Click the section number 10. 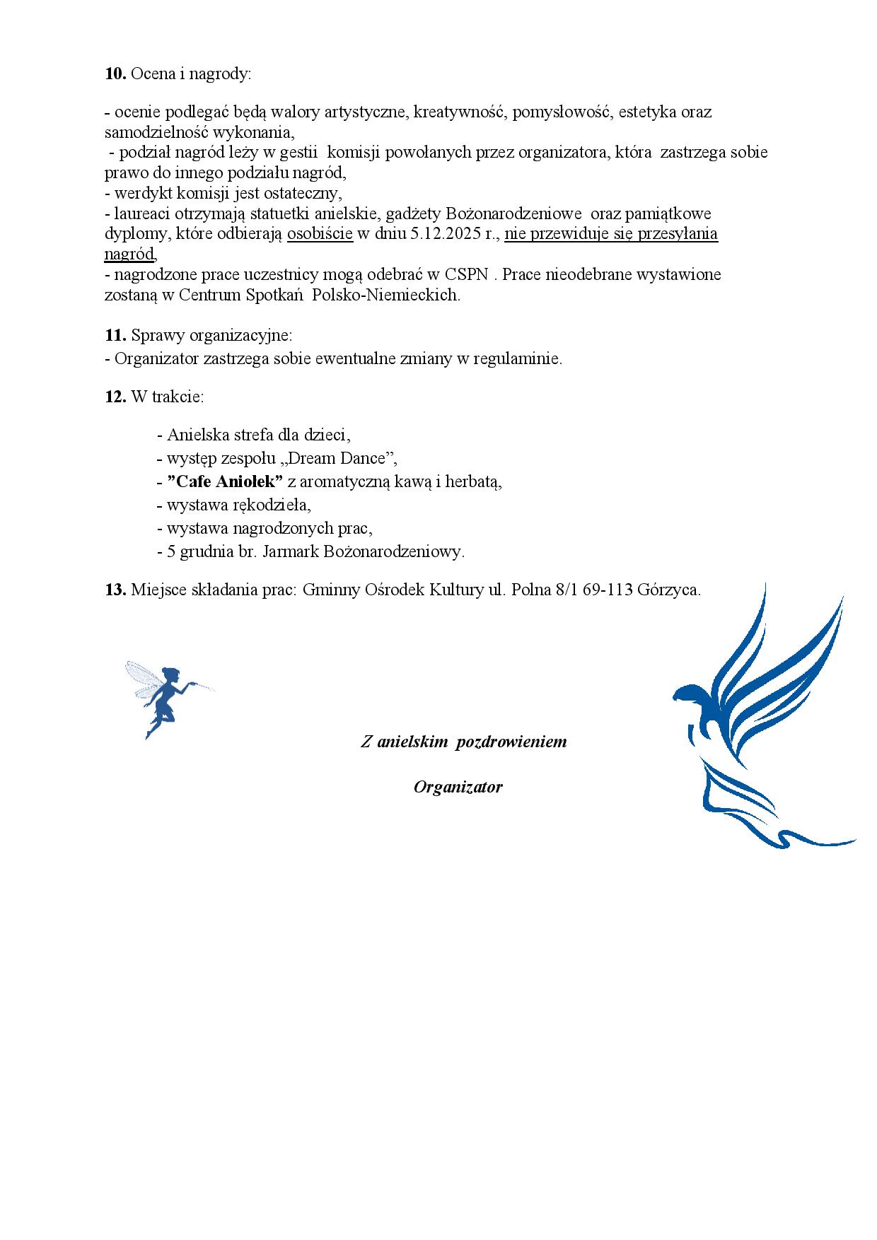point(115,74)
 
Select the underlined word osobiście point(320,234)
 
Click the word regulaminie point(517,358)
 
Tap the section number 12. point(115,397)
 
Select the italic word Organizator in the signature point(458,787)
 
